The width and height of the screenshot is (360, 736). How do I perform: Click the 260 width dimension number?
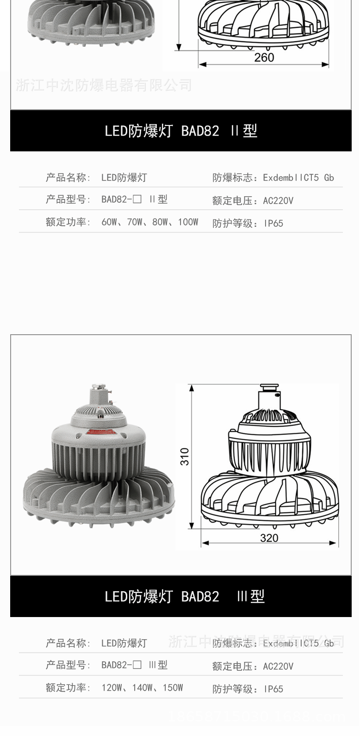(264, 57)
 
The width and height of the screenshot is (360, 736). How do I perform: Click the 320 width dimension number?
(269, 537)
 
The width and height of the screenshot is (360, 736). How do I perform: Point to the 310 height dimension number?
(185, 456)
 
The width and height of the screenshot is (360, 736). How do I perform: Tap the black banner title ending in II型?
(180, 131)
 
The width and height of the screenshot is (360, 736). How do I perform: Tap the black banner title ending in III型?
(184, 596)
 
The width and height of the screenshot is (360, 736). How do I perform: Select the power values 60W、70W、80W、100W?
(149, 222)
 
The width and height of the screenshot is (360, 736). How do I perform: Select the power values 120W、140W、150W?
(142, 688)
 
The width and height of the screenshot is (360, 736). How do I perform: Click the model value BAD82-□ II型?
(134, 200)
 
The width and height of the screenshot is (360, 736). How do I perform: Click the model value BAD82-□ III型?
(134, 665)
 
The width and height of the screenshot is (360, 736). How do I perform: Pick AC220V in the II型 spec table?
(278, 201)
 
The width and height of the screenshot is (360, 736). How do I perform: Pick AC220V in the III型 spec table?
(278, 667)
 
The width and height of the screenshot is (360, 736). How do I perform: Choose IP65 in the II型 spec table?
(273, 224)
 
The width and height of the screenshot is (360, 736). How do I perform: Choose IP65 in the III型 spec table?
(273, 689)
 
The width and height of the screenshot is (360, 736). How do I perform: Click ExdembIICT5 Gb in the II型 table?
(298, 178)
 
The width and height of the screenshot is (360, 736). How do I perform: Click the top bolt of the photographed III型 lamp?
(96, 387)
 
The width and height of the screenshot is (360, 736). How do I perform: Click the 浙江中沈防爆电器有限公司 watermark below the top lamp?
(104, 86)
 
